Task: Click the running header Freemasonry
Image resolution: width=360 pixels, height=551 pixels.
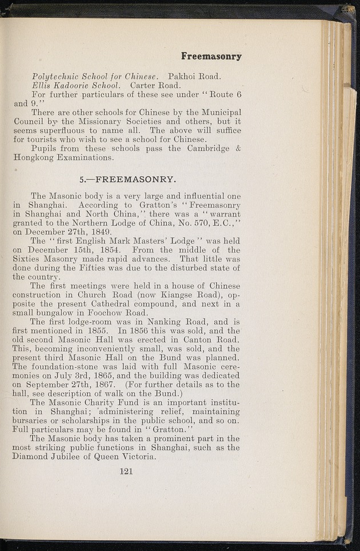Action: tap(211, 56)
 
